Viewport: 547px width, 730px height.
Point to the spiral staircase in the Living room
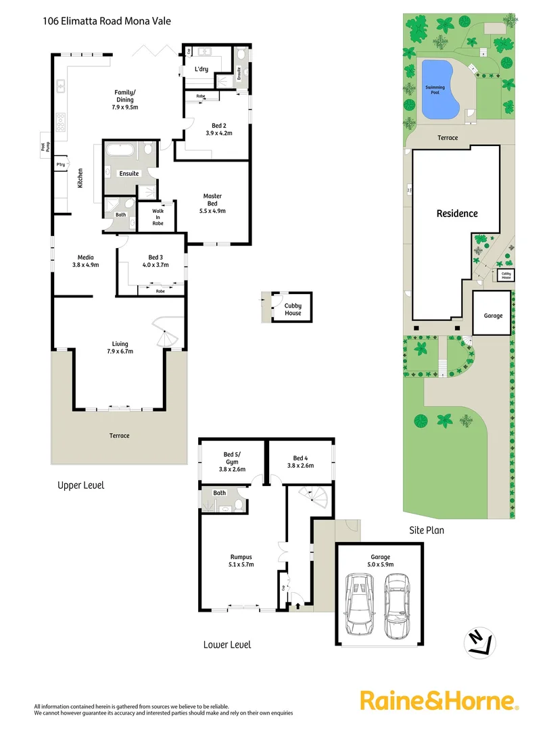165,335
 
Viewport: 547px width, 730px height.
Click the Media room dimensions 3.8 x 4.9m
85,265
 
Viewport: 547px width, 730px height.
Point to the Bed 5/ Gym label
232,462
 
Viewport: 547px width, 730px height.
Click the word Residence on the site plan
456,214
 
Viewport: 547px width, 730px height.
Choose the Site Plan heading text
427,530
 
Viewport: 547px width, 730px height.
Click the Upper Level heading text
80,485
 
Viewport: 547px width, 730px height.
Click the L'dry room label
201,70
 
